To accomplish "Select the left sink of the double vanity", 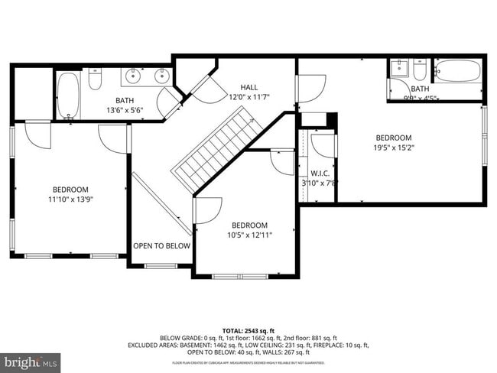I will click(135, 76).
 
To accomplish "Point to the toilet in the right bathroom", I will click(420, 70).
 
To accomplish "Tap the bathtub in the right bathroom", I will click(458, 73).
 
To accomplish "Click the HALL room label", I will click(250, 87).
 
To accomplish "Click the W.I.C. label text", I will click(320, 173).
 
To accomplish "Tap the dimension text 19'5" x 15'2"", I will click(395, 148).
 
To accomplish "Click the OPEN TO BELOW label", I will click(161, 246).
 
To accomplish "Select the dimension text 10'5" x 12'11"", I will click(249, 235).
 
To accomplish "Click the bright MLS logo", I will click(31, 359).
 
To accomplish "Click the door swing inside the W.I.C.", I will click(322, 145).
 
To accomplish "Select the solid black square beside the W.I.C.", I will click(331, 120).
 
